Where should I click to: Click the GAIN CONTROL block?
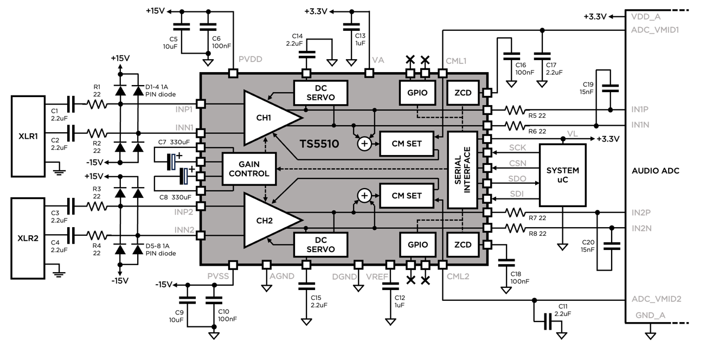pos(249,169)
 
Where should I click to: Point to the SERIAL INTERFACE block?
pos(462,169)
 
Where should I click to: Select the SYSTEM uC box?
pos(563,175)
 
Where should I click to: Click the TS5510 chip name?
pos(319,144)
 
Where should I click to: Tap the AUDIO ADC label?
pos(656,171)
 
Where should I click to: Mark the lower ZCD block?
pos(463,245)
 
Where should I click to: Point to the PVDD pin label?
pos(250,60)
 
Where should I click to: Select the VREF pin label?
pos(377,276)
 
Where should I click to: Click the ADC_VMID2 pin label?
pos(656,299)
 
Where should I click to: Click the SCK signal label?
pos(517,147)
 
